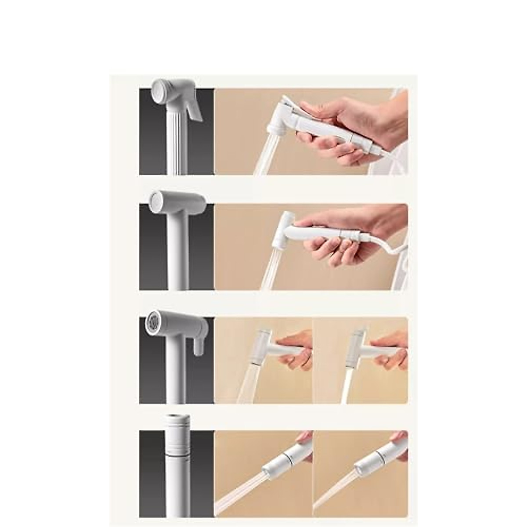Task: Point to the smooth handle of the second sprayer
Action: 179,255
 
